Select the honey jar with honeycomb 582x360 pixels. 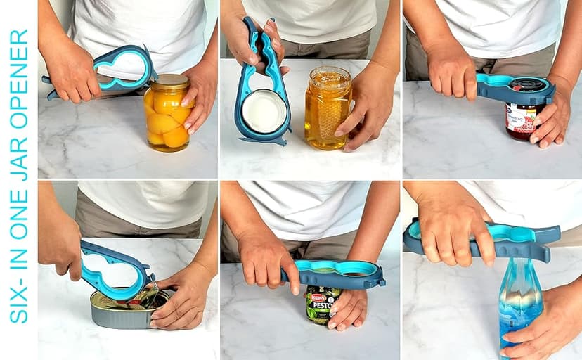tap(326, 109)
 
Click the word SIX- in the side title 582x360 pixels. tap(18, 300)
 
